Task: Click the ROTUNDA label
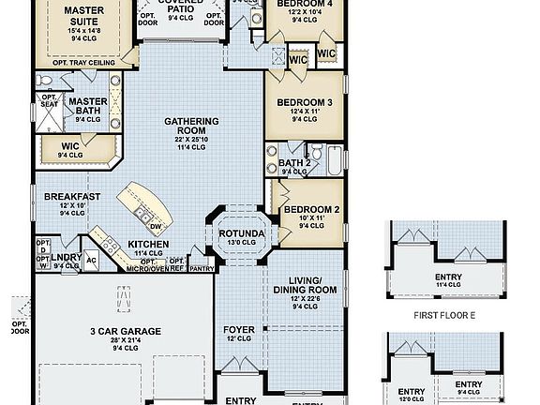click(x=243, y=233)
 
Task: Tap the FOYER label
click(x=238, y=330)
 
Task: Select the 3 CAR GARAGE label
click(x=126, y=331)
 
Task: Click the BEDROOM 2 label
click(x=311, y=209)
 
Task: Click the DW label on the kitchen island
click(x=156, y=226)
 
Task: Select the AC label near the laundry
click(x=92, y=261)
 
